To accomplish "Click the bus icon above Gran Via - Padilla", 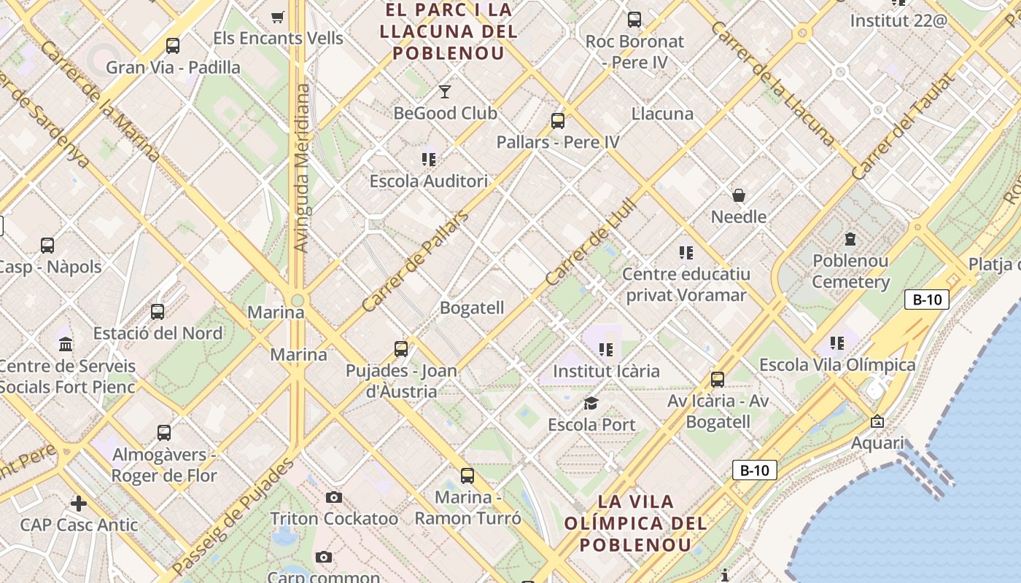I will tap(173, 46).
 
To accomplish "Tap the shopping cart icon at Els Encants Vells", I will tap(277, 17).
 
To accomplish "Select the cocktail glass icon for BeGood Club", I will tap(445, 91).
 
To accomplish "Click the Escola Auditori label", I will tap(428, 181).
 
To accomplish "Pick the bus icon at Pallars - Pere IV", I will tap(558, 121).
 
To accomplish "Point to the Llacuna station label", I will tap(662, 114).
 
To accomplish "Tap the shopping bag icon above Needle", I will tap(739, 195).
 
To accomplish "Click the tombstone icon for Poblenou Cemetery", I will tap(850, 238).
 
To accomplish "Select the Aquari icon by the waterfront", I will tap(877, 421).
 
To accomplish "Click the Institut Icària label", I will tap(606, 371).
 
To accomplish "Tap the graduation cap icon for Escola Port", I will tap(591, 403).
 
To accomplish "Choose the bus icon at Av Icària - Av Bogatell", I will tap(718, 379).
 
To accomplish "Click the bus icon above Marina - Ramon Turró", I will tap(467, 476).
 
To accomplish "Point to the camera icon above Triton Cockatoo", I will tap(334, 497).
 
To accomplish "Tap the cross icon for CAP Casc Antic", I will tap(79, 503).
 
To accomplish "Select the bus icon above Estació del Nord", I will tap(158, 312).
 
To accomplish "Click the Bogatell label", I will tap(472, 308).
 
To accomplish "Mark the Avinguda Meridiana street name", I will tap(302, 168).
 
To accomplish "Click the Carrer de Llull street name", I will tap(591, 242).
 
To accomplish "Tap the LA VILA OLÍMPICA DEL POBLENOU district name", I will tap(635, 523).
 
